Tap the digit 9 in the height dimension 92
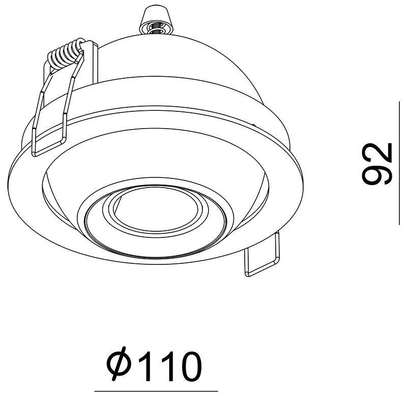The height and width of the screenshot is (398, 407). [x=376, y=173]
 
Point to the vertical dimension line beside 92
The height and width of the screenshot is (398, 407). [x=399, y=163]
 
